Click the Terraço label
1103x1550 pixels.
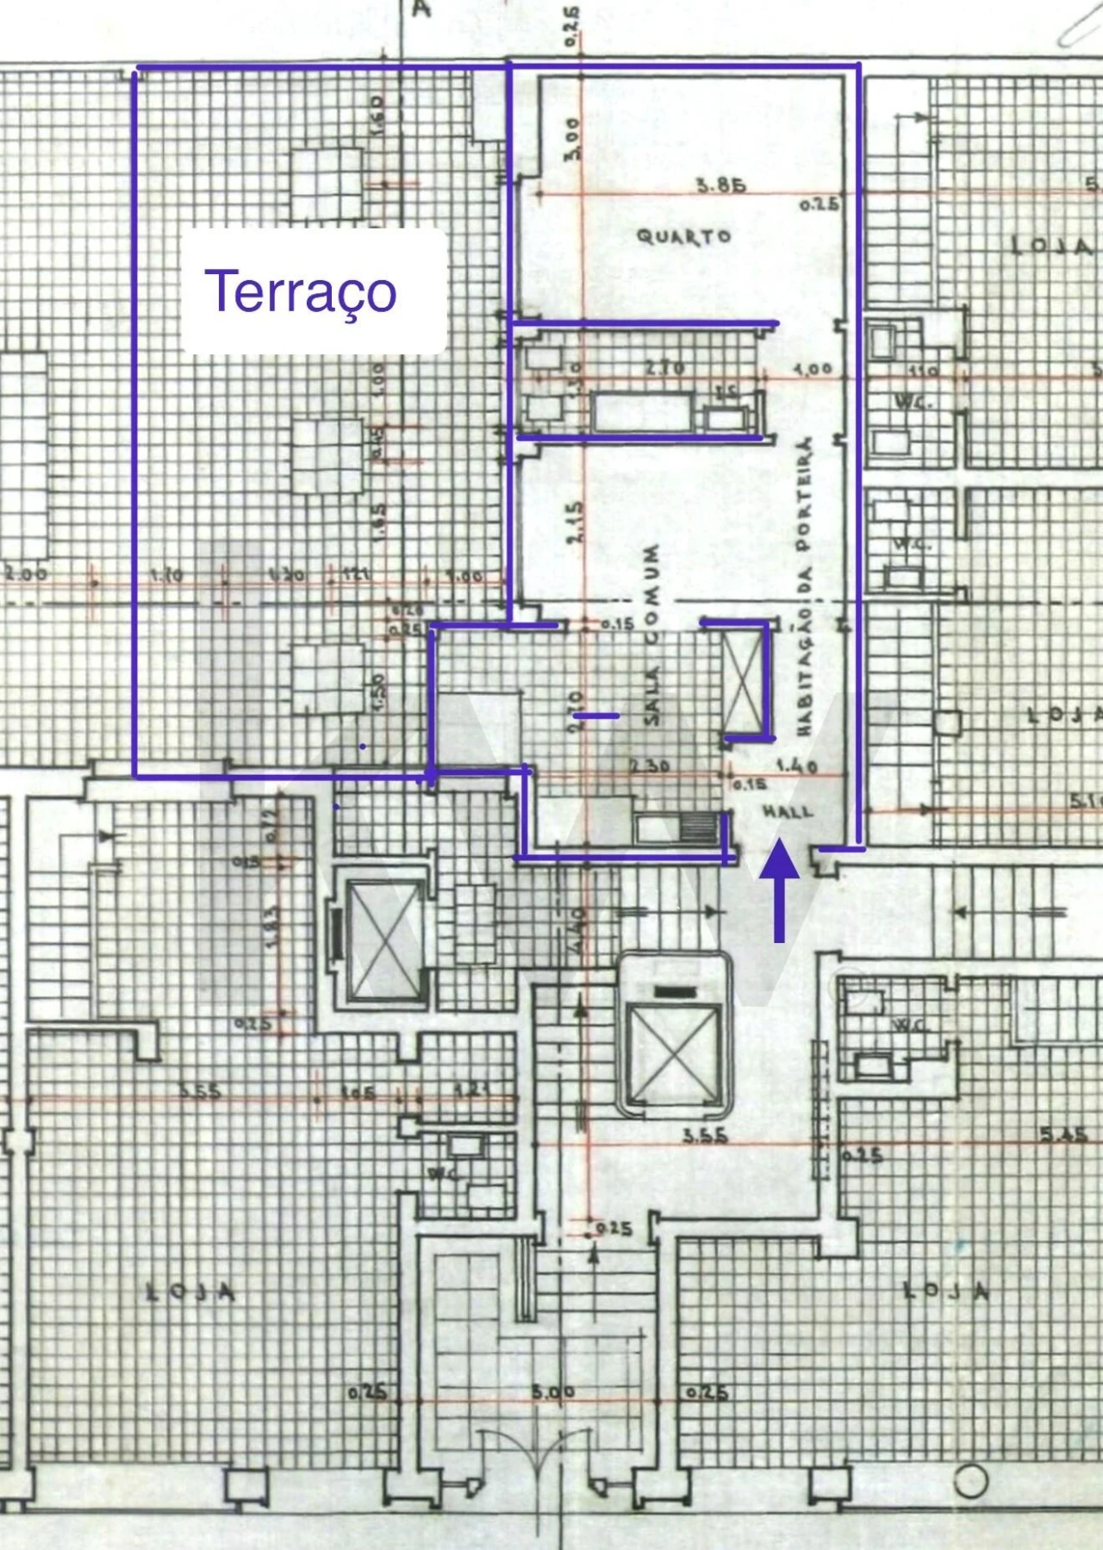coord(301,291)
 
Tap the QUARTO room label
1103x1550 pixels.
coord(683,235)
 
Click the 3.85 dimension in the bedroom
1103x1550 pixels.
coord(720,184)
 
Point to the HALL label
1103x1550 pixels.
coord(787,811)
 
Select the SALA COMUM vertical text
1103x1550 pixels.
coord(651,634)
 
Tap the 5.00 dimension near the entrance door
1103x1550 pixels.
coord(552,1392)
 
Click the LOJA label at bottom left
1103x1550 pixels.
coord(190,1292)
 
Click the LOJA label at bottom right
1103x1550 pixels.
coord(945,1291)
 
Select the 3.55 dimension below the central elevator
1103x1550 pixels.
coord(705,1135)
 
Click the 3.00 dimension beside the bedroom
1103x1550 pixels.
coord(573,138)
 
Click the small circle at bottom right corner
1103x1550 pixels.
coord(971,1481)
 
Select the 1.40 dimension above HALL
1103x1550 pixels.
coord(796,766)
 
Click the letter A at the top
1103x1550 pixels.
coord(421,9)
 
